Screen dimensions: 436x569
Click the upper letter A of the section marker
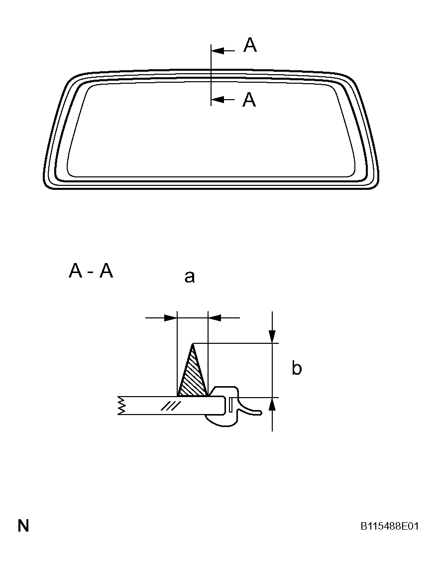[x=250, y=45]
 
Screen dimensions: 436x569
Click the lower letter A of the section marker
[x=249, y=100]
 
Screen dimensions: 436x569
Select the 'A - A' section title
[x=91, y=271]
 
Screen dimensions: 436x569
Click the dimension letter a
[x=190, y=277]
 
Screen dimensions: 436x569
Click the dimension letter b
[x=297, y=368]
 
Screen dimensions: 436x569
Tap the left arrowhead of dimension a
[x=170, y=318]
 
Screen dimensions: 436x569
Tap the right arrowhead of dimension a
[x=215, y=318]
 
